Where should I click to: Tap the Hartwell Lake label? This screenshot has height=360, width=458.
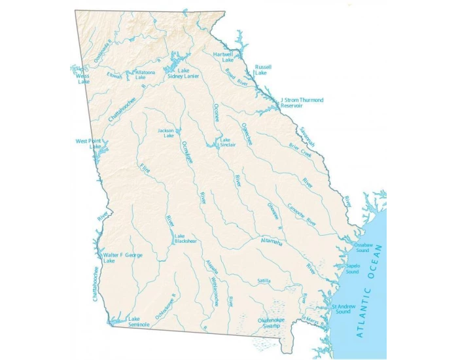click(223, 57)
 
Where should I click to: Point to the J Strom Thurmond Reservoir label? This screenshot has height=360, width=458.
click(302, 103)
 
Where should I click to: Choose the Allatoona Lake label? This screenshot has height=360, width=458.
click(144, 75)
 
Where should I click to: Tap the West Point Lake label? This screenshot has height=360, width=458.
click(90, 143)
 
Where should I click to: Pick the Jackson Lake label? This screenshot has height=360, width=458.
click(166, 133)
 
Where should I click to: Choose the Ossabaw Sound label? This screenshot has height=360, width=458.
click(362, 247)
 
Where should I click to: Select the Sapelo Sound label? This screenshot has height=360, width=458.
click(353, 268)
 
